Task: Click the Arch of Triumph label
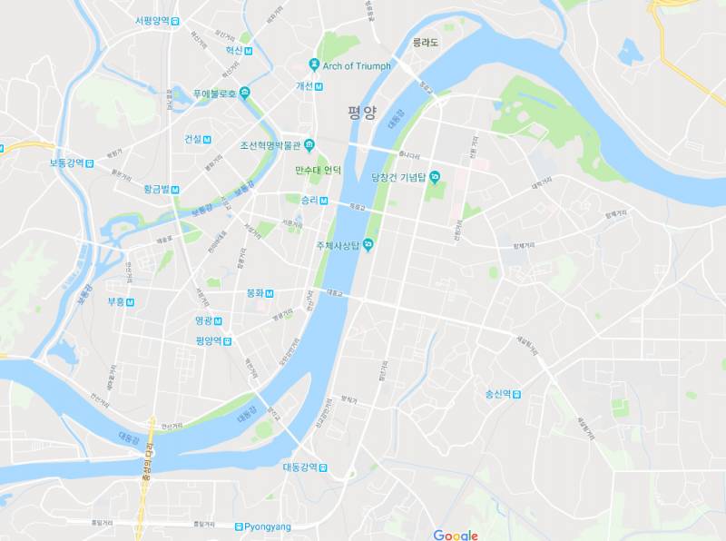(356, 65)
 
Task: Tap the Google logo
(456, 535)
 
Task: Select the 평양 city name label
(361, 113)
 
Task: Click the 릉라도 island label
(425, 43)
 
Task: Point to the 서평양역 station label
(152, 20)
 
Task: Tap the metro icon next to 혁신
(250, 51)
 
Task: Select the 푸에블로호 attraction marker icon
(244, 93)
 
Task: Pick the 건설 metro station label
(192, 139)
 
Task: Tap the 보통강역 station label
(66, 163)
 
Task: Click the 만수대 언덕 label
(319, 170)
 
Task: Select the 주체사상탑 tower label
(338, 245)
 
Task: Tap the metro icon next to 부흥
(131, 302)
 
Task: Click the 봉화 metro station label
(255, 293)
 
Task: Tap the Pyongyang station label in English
(269, 526)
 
